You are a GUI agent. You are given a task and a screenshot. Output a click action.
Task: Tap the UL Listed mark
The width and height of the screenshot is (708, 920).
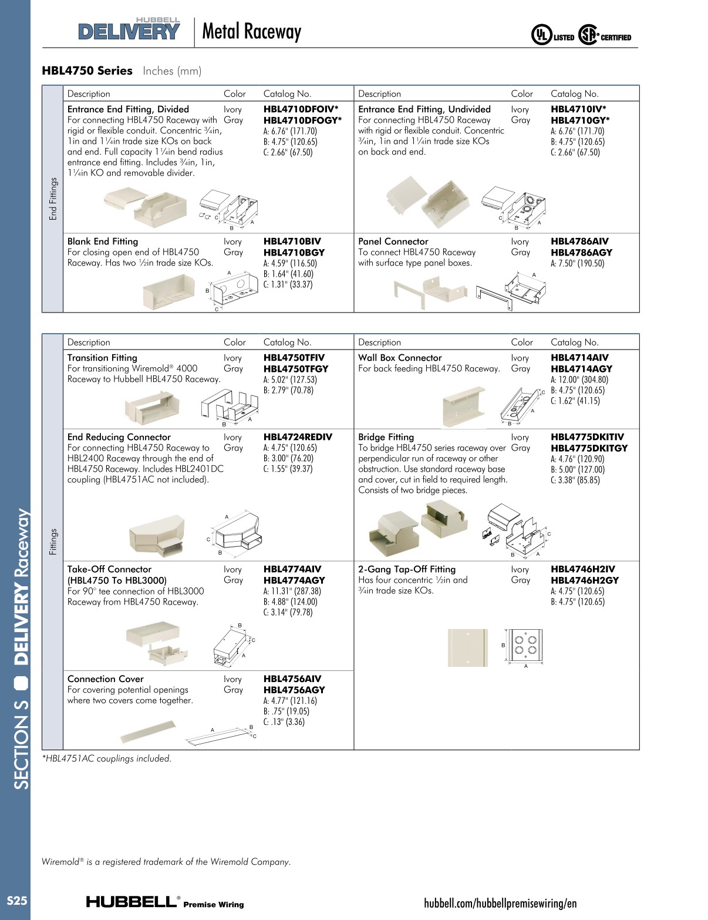pyautogui.click(x=552, y=36)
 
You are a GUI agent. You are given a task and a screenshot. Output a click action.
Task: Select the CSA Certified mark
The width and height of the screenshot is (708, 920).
pyautogui.click(x=605, y=36)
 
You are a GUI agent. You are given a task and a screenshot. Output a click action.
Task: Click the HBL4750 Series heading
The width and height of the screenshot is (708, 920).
pyautogui.click(x=87, y=70)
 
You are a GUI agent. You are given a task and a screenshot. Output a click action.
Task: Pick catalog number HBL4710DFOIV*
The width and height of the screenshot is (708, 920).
pyautogui.click(x=301, y=109)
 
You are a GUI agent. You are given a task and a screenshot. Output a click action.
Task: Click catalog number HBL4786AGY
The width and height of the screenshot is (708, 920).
pyautogui.click(x=581, y=252)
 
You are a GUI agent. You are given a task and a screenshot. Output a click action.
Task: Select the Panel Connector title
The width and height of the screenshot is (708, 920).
pyautogui.click(x=393, y=241)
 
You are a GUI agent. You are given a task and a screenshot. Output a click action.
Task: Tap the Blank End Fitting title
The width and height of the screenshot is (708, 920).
pyautogui.click(x=103, y=241)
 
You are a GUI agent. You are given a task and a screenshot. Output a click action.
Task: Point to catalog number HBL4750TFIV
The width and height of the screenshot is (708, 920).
pyautogui.click(x=294, y=358)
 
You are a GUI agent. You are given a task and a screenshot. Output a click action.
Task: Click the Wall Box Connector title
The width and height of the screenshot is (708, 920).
pyautogui.click(x=400, y=358)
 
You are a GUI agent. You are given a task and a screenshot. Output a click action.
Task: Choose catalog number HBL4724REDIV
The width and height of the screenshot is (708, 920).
pyautogui.click(x=298, y=437)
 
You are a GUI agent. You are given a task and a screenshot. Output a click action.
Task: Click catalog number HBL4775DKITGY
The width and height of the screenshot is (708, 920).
pyautogui.click(x=589, y=448)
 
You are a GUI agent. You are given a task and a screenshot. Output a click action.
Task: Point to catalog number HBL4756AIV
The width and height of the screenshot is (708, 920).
pyautogui.click(x=292, y=679)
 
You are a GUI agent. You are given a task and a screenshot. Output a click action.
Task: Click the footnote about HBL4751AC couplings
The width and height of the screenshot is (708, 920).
pyautogui.click(x=106, y=758)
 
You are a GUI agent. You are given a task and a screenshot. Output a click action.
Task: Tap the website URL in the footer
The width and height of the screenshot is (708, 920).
pyautogui.click(x=500, y=903)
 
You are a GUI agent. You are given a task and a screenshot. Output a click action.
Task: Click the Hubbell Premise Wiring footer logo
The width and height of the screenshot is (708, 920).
pyautogui.click(x=165, y=902)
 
